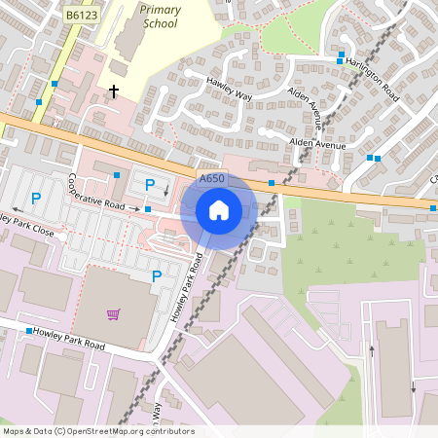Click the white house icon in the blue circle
pyautogui.click(x=219, y=210)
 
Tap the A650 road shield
pyautogui.click(x=211, y=179)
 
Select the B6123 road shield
pyautogui.click(x=83, y=15)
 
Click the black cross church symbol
pyautogui.click(x=114, y=91)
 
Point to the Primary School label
pyautogui.click(x=160, y=16)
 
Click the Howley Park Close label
pyautogui.click(x=26, y=227)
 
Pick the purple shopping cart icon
pyautogui.click(x=114, y=314)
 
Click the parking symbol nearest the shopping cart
pyautogui.click(x=156, y=276)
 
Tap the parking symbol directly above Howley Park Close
pyautogui.click(x=36, y=199)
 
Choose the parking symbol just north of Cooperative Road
pyautogui.click(x=150, y=185)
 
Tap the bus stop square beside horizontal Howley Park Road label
pyautogui.click(x=28, y=331)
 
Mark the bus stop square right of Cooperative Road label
pyautogui.click(x=147, y=209)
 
